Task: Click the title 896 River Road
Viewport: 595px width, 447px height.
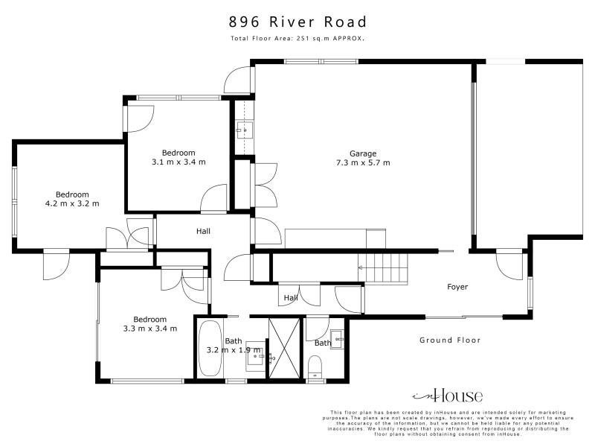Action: tap(297, 22)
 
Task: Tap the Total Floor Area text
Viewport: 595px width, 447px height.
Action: tap(297, 39)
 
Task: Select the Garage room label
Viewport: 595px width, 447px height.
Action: tap(363, 153)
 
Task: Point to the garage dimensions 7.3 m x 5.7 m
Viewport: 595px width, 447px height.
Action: tap(363, 162)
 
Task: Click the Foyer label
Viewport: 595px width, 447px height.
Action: tap(457, 287)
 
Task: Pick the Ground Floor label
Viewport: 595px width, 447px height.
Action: tap(450, 340)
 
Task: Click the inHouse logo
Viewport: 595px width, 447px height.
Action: tap(448, 396)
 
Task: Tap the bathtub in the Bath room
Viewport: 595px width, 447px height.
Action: tap(210, 349)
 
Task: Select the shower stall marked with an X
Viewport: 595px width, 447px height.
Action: tap(284, 348)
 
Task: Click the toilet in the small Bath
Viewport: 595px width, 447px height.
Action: tap(315, 367)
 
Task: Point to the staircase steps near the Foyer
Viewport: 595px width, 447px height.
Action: tap(383, 268)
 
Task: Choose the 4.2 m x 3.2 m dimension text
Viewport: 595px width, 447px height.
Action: tap(72, 203)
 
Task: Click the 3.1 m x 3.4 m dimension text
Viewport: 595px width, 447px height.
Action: tap(178, 162)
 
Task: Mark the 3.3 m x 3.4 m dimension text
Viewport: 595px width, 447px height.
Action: tap(150, 329)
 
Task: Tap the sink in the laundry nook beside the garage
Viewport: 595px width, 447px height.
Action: tap(245, 130)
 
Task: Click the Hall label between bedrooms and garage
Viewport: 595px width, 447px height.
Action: tap(203, 231)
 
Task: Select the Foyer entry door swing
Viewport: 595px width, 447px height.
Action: tap(509, 266)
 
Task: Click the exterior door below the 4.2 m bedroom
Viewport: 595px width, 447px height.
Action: tap(57, 266)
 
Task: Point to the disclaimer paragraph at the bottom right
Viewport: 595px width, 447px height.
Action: tap(448, 423)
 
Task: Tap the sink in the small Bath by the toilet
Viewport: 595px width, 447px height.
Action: tap(337, 339)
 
